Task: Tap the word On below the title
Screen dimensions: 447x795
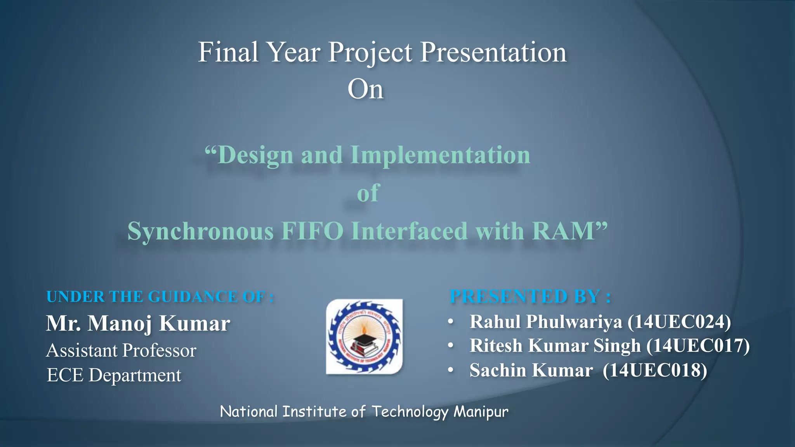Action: pyautogui.click(x=365, y=89)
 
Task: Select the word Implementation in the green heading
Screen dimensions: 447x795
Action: pyautogui.click(x=440, y=155)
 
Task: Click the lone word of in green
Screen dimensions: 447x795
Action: pyautogui.click(x=368, y=193)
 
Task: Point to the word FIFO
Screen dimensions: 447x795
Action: pyautogui.click(x=312, y=231)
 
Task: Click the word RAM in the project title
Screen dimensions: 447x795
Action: pyautogui.click(x=564, y=231)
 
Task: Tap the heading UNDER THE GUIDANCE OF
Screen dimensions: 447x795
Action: pyautogui.click(x=160, y=297)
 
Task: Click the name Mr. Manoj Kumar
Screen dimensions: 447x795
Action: pyautogui.click(x=138, y=323)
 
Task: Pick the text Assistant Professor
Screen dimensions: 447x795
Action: pyautogui.click(x=121, y=350)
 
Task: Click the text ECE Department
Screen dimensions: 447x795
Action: pyautogui.click(x=114, y=375)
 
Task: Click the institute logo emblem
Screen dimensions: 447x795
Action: pyautogui.click(x=364, y=336)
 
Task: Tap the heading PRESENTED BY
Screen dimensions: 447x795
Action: pyautogui.click(x=530, y=296)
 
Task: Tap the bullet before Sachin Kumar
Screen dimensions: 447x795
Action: pyautogui.click(x=450, y=370)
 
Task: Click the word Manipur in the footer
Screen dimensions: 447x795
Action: pyautogui.click(x=481, y=411)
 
